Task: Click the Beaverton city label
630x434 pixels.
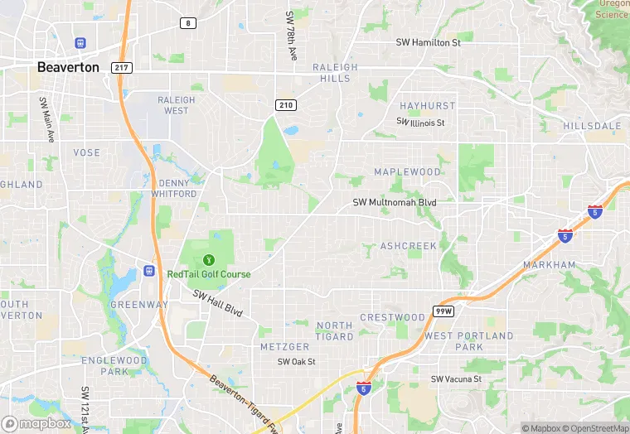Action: [x=68, y=67]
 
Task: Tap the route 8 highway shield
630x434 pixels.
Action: [x=189, y=23]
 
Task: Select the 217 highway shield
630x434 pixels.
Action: [x=121, y=68]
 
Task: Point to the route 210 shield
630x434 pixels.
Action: [x=286, y=104]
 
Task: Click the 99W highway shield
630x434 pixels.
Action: [x=442, y=311]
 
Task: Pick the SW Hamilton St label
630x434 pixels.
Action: [x=428, y=42]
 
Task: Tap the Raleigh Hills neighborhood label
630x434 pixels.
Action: [x=335, y=73]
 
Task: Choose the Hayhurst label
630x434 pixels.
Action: [x=427, y=107]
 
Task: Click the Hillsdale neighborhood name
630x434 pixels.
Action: [x=592, y=126]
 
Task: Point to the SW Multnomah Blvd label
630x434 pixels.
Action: [x=394, y=202]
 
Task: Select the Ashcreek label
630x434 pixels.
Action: [x=408, y=246]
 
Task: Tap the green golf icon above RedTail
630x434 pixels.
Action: [x=208, y=259]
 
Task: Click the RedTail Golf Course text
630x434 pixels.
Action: [x=209, y=274]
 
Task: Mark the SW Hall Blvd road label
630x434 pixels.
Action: [x=217, y=302]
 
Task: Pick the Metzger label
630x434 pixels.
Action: [x=284, y=346]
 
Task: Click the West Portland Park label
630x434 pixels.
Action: [x=469, y=341]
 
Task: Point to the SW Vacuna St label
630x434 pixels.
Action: [x=456, y=379]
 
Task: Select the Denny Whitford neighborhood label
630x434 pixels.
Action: [x=174, y=188]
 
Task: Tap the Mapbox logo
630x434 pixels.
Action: [x=36, y=423]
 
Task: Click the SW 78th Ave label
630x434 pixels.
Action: [x=291, y=35]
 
